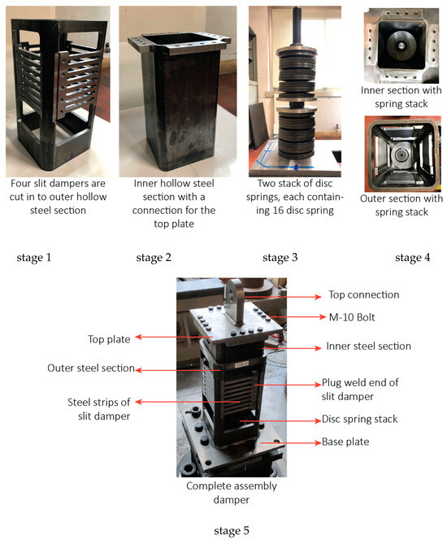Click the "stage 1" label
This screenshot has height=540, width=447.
[x=33, y=257]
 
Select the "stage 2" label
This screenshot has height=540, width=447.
[x=154, y=257]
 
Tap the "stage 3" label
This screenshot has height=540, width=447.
[x=280, y=257]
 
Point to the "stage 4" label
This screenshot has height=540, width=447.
[x=412, y=257]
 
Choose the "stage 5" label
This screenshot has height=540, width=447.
[x=232, y=530]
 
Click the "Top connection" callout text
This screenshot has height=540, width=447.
[x=364, y=294]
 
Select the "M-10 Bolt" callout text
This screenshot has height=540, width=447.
[x=352, y=317]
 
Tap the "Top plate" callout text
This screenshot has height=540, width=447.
[x=109, y=339]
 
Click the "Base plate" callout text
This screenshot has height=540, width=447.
[x=345, y=442]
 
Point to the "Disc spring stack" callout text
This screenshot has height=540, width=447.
[x=359, y=419]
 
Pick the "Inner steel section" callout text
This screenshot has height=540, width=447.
[x=368, y=346]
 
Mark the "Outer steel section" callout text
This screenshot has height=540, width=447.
[x=91, y=368]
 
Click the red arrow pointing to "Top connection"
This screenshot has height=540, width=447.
[x=283, y=297]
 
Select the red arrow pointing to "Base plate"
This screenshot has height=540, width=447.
[x=291, y=442]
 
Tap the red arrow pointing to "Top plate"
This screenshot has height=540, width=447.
[x=174, y=337]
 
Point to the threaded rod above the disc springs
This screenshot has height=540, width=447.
[x=297, y=24]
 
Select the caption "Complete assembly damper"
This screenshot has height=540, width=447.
[x=232, y=493]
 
